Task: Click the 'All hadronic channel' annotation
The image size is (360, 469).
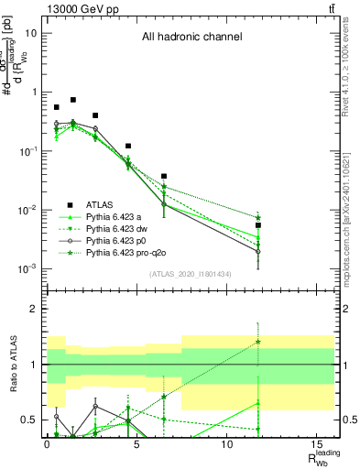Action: [x=191, y=38]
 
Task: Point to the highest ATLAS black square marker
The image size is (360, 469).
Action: [x=73, y=100]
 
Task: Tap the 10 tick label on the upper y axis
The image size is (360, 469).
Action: [x=31, y=33]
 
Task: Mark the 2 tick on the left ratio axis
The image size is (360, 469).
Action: [x=37, y=309]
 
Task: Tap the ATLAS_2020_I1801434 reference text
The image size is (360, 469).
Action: [x=189, y=274]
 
